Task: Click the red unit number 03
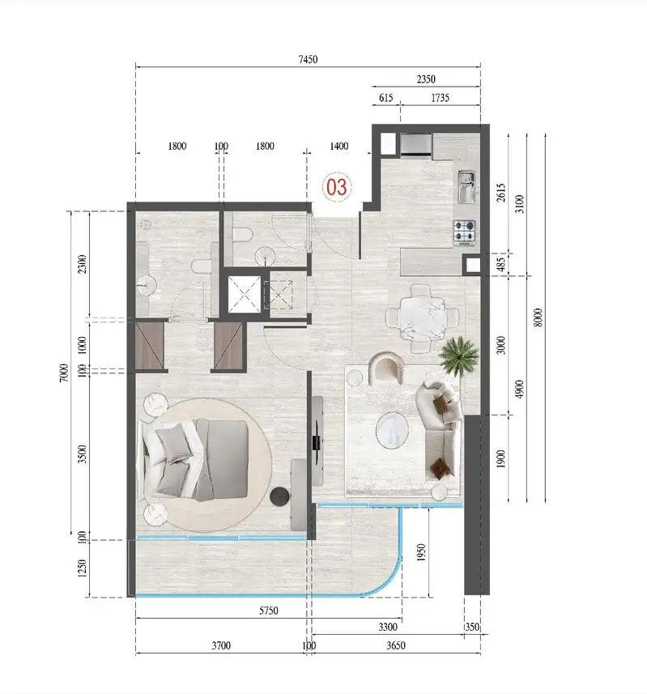(x=336, y=187)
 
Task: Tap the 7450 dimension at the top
(x=308, y=59)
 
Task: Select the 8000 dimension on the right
(x=538, y=317)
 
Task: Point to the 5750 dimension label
(x=269, y=611)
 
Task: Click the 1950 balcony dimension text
(x=421, y=552)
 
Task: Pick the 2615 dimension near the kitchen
(x=500, y=193)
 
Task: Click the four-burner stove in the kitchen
(x=464, y=232)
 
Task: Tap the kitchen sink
(x=466, y=187)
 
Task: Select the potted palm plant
(x=459, y=355)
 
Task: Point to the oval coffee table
(x=392, y=430)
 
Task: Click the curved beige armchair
(x=386, y=368)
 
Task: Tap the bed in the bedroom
(x=194, y=459)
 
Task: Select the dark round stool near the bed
(x=279, y=496)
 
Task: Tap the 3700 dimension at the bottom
(x=221, y=645)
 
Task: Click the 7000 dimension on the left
(x=64, y=373)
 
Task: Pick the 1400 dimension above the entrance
(x=339, y=146)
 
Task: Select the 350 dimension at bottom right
(x=472, y=627)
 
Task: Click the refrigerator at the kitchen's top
(x=416, y=145)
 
